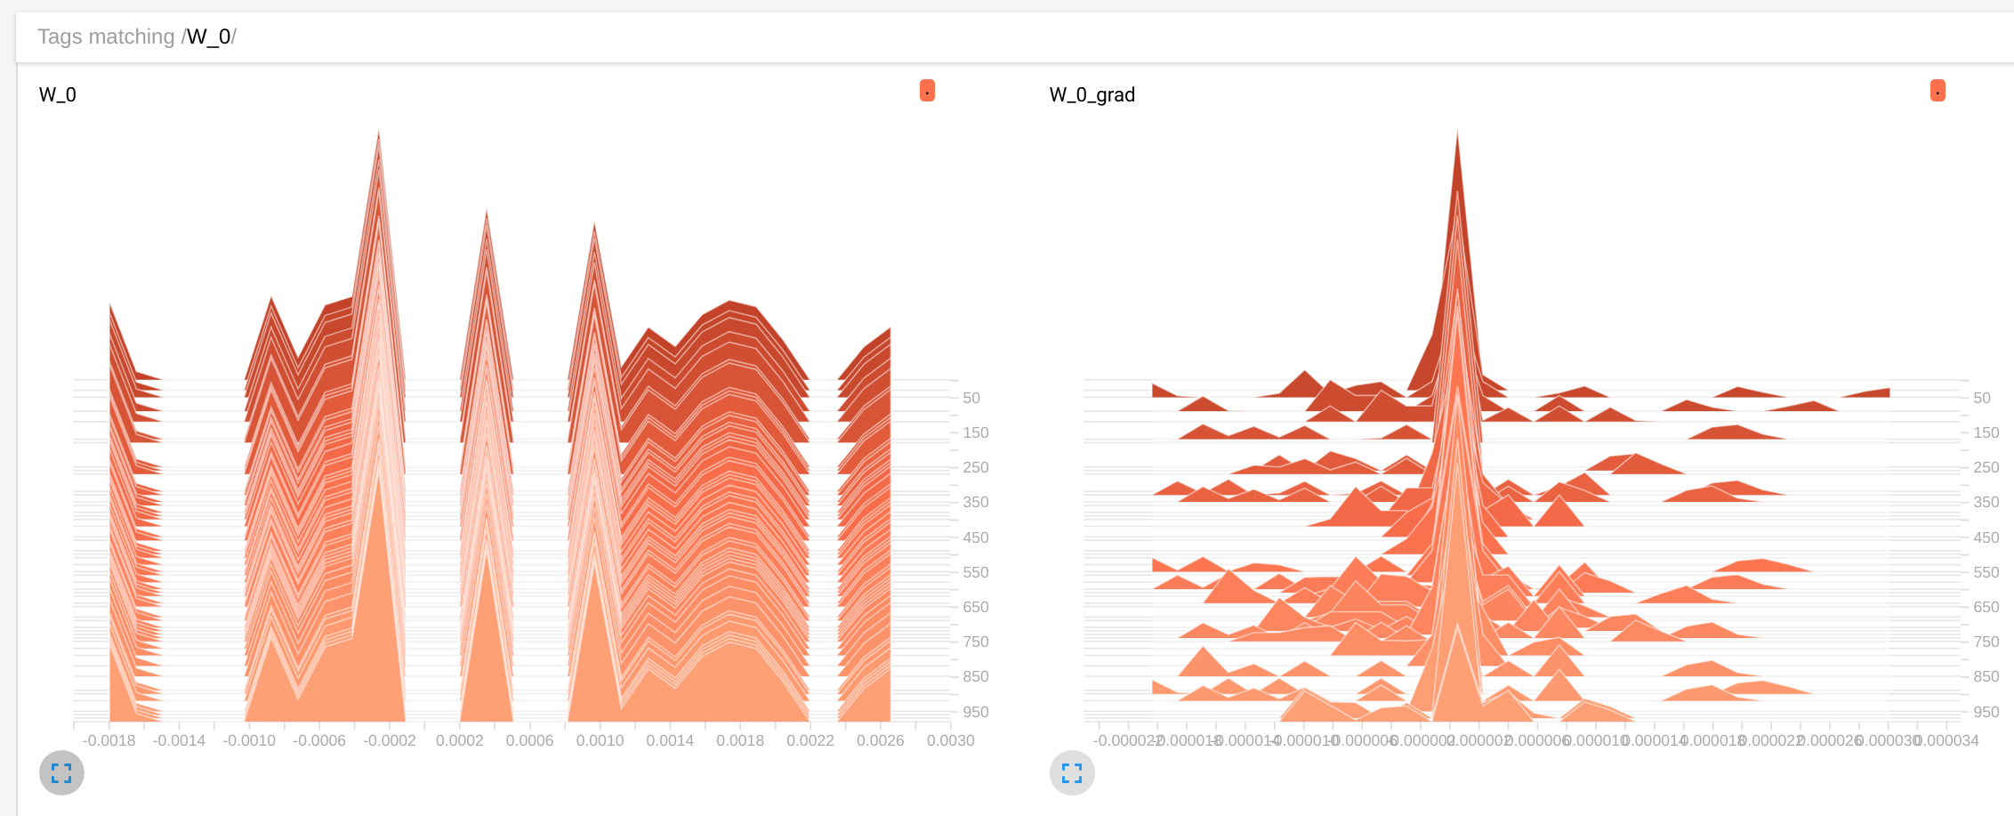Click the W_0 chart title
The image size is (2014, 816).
(58, 94)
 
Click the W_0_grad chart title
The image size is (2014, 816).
(1092, 94)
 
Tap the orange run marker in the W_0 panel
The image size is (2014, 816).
(927, 91)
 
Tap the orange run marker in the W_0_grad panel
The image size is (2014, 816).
(1937, 91)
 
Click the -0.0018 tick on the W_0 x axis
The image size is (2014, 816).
(109, 740)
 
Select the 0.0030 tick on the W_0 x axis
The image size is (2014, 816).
(950, 740)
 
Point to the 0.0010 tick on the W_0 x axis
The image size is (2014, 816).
(600, 740)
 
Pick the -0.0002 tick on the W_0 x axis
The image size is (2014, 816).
(390, 740)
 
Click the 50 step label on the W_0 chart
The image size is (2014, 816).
(971, 398)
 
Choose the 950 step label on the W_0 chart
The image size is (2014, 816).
(976, 712)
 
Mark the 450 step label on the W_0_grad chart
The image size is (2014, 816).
(1986, 537)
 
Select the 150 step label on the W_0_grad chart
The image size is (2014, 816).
(1986, 432)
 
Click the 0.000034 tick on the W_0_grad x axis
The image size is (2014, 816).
(1948, 740)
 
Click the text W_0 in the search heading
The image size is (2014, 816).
(209, 36)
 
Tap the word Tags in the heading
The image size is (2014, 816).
(60, 36)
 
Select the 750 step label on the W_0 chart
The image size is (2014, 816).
(976, 642)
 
